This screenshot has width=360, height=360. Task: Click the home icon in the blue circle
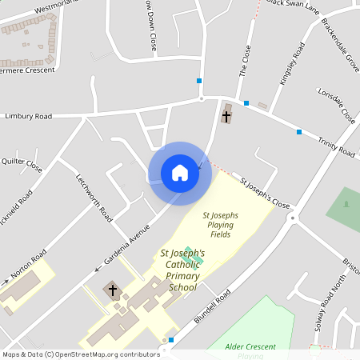pos(180,173)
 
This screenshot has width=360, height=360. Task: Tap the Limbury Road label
pos(28,116)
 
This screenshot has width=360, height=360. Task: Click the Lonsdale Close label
pos(336,105)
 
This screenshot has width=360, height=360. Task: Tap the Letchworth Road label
pos(94,197)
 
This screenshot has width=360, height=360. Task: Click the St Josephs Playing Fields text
pos(218,225)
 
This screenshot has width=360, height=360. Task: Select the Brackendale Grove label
pos(350,53)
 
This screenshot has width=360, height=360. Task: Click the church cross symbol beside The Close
pos(226,116)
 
